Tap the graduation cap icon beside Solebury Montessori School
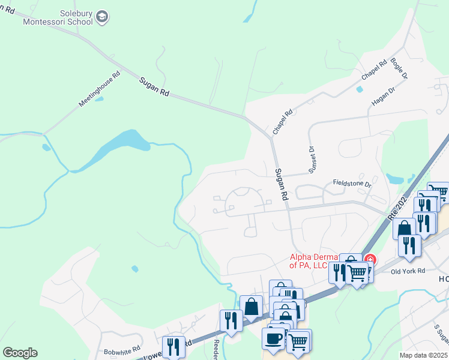coord(102,17)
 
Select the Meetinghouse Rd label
coord(99,90)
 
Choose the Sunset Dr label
coord(312,160)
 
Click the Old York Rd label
coord(408,271)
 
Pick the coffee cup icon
coord(273,338)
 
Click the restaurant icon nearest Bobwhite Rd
coord(173,346)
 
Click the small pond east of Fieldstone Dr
coord(394,178)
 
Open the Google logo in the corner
coord(20,353)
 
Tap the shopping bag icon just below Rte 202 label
coord(405,229)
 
